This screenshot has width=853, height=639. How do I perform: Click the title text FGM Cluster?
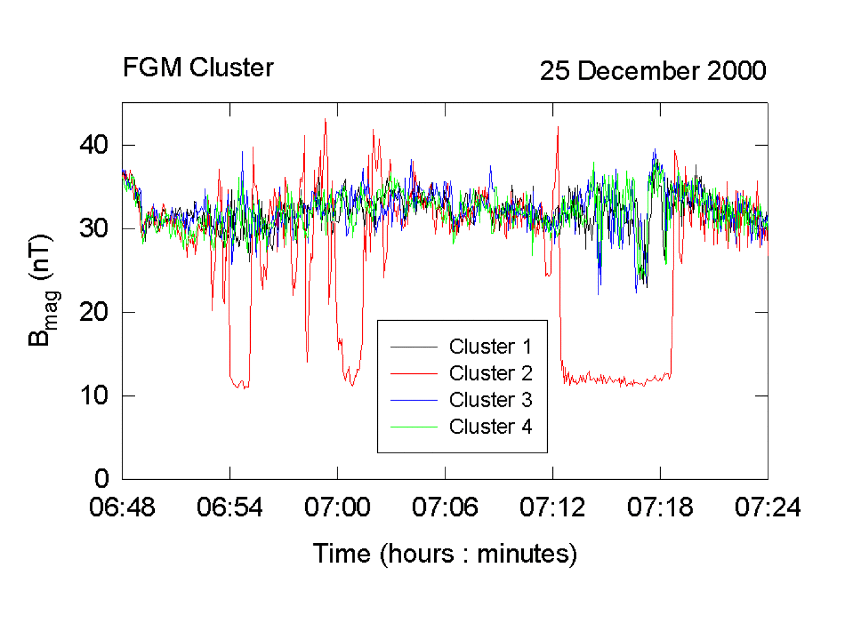click(x=198, y=68)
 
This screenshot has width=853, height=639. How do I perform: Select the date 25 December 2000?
click(x=652, y=71)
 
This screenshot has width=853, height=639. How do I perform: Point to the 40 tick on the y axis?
click(x=94, y=145)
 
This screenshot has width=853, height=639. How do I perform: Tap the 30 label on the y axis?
click(x=94, y=229)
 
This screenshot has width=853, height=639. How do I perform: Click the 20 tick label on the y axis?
click(x=94, y=312)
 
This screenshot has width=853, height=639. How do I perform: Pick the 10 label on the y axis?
click(x=94, y=396)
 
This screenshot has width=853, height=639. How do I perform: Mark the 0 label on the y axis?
click(x=101, y=479)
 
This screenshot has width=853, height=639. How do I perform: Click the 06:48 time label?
click(x=122, y=507)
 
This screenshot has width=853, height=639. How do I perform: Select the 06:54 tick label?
click(x=229, y=507)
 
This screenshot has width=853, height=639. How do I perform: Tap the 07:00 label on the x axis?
click(x=337, y=507)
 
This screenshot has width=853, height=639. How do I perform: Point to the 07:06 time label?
click(x=445, y=507)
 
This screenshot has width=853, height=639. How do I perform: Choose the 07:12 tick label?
click(x=552, y=507)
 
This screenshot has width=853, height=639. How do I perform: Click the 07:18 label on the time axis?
click(x=660, y=507)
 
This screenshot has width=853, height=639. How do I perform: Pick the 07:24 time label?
click(x=767, y=507)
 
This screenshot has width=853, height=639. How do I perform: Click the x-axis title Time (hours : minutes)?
click(x=445, y=554)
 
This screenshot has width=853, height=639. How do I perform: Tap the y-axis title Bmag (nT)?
click(x=42, y=290)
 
